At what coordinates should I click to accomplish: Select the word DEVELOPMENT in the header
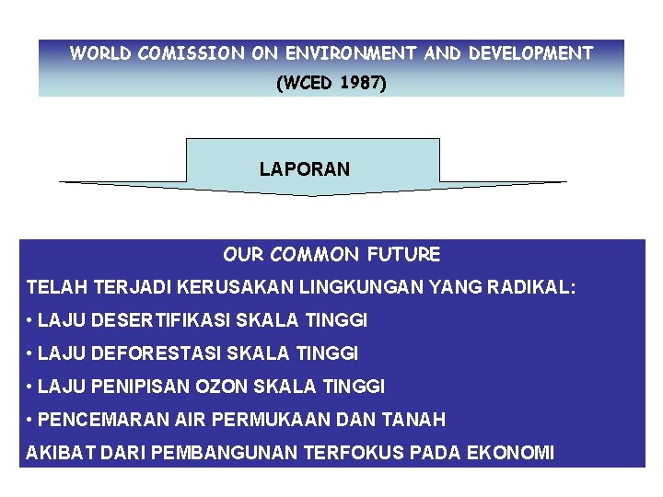[x=530, y=53]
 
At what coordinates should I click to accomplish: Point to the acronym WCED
[x=305, y=84]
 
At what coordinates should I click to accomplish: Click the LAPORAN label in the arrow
[x=304, y=169]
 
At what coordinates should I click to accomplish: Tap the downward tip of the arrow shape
[x=313, y=193]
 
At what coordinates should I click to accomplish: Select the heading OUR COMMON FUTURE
[x=331, y=254]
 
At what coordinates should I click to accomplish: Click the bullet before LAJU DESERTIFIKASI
[x=30, y=321]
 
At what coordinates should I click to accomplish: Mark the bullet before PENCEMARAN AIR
[x=30, y=421]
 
